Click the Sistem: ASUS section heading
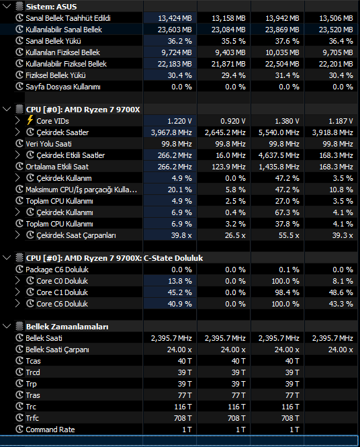[x=51, y=7]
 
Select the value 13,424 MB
[x=175, y=18]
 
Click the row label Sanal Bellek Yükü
[x=53, y=41]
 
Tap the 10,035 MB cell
[x=282, y=52]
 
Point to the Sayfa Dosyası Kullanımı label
[x=63, y=87]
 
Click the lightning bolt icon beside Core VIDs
[x=30, y=120]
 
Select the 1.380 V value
[x=287, y=121]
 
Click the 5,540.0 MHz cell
[x=279, y=132]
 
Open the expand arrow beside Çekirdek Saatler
[x=17, y=132]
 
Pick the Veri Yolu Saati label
[x=49, y=144]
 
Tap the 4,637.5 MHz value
[x=279, y=155]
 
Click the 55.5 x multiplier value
[x=289, y=235]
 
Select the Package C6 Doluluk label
[x=57, y=270]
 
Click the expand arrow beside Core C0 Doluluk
[x=17, y=281]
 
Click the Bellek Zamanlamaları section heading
[x=67, y=327]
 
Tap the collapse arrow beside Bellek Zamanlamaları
[x=7, y=327]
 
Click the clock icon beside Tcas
[x=19, y=360]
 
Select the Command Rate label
[x=50, y=430]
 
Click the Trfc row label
[x=32, y=418]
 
